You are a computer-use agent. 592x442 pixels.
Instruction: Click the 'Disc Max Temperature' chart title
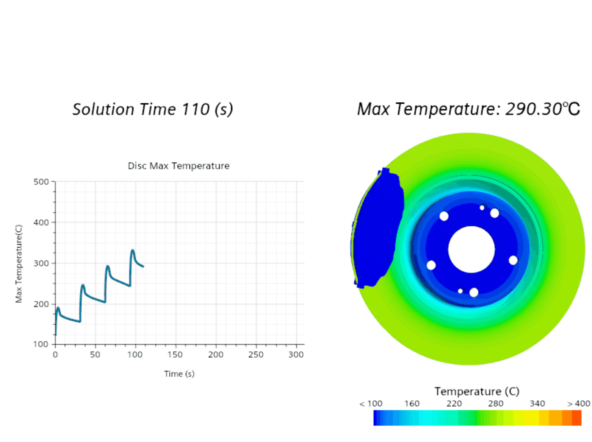[179, 166]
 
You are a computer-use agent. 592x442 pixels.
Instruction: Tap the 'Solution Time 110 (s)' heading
[153, 109]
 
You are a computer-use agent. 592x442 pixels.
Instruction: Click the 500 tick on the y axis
[41, 182]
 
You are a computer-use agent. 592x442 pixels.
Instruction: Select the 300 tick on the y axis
[41, 263]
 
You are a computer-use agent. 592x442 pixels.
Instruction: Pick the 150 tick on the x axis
[175, 355]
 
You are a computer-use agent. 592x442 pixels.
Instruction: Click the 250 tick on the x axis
[256, 355]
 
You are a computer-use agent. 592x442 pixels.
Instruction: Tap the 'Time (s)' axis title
[179, 374]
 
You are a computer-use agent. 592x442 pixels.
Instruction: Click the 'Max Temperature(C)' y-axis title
[19, 264]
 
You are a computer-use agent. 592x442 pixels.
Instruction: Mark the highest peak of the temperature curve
[132, 250]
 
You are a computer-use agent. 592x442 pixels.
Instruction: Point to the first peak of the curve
[58, 308]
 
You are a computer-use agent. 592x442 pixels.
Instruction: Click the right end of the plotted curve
[143, 266]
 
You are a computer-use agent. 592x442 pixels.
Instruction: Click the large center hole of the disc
[471, 249]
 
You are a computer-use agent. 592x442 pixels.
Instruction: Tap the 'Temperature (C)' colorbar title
[477, 391]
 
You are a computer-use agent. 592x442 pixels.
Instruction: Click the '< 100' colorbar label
[371, 404]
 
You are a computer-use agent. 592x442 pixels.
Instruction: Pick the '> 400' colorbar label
[578, 404]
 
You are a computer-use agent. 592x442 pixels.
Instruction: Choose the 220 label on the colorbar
[454, 404]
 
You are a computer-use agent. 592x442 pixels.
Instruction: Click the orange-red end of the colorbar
[576, 418]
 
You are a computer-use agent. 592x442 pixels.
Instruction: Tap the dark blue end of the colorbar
[377, 418]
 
